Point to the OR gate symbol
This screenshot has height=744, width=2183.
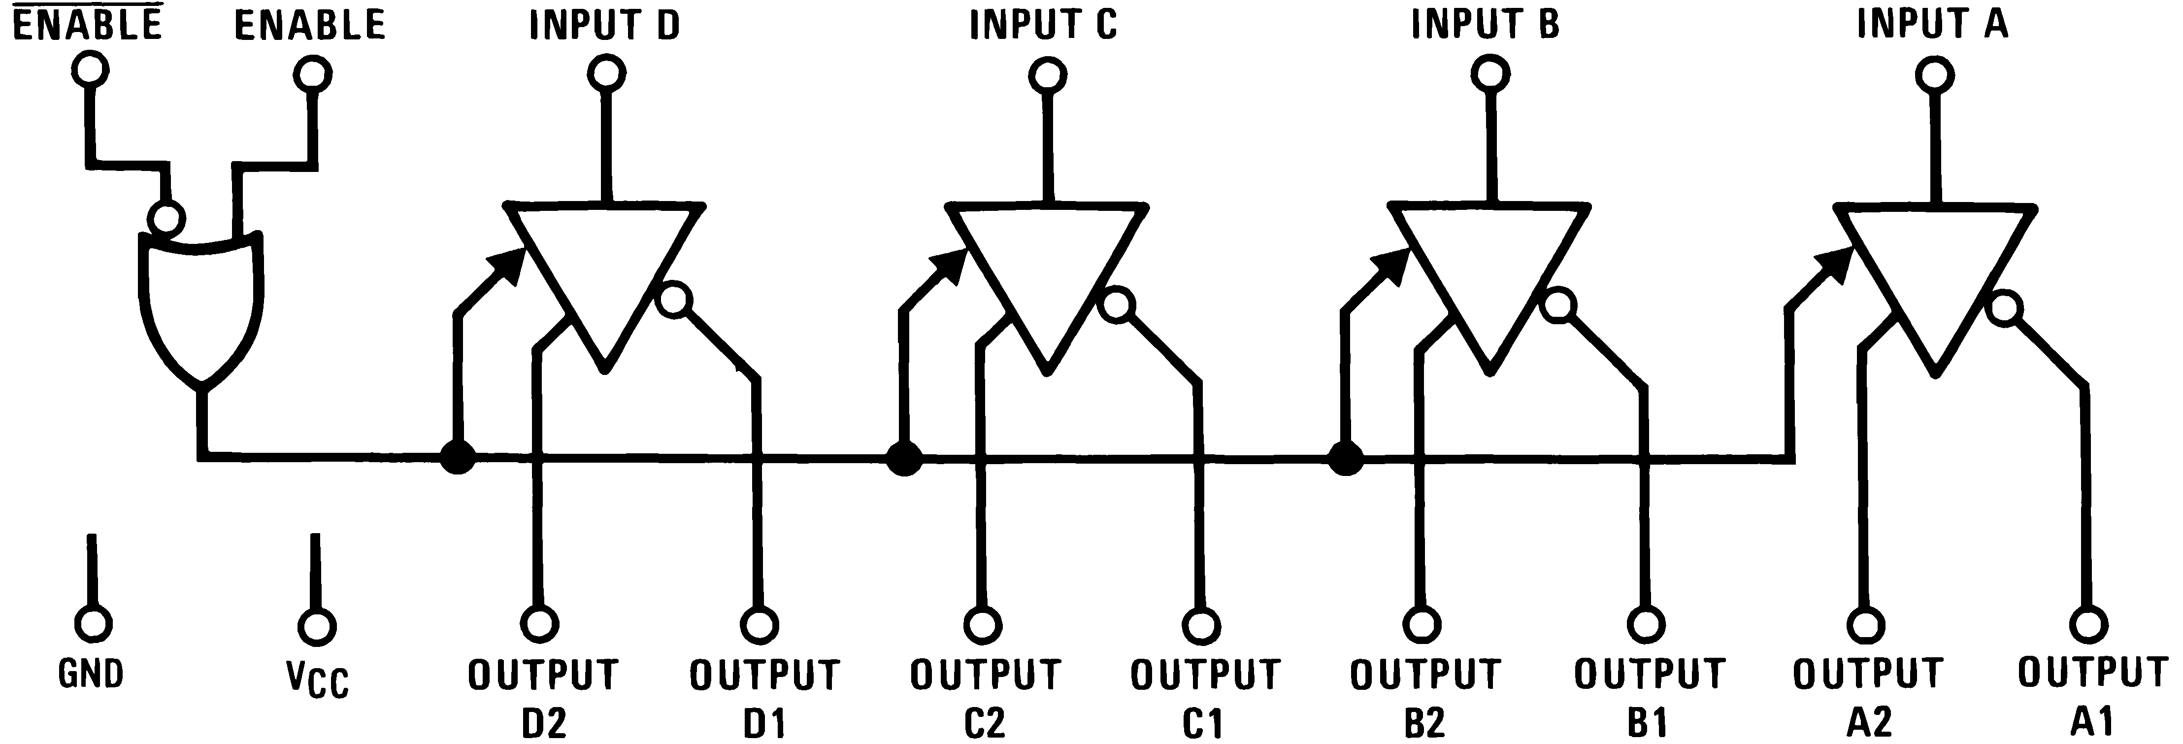click(201, 305)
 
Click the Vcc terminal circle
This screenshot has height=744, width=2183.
click(316, 627)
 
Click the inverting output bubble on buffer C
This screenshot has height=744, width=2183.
click(1117, 304)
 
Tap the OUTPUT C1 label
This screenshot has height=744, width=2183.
click(1204, 699)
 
